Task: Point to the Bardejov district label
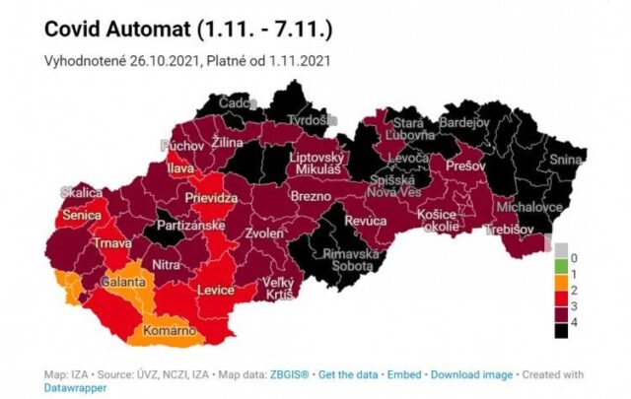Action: tap(490, 123)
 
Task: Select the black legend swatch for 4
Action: tap(561, 332)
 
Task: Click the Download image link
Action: tap(471, 374)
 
